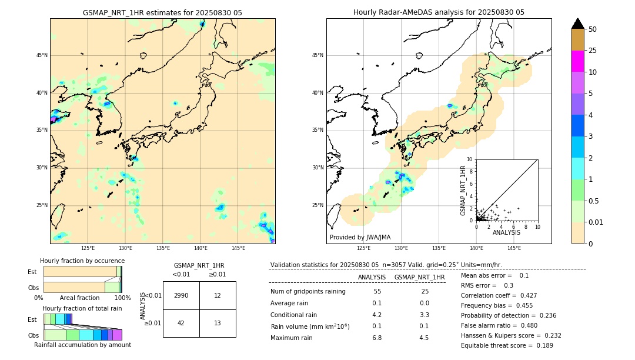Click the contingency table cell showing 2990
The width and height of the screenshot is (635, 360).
(x=181, y=295)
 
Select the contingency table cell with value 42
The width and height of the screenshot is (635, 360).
(x=181, y=323)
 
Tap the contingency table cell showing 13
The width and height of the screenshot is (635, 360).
(x=218, y=323)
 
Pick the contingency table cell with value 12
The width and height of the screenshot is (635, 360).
(x=218, y=295)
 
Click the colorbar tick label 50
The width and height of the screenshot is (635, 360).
(x=593, y=29)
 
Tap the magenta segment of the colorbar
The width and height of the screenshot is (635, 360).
(x=578, y=61)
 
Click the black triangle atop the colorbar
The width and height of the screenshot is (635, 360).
(x=578, y=24)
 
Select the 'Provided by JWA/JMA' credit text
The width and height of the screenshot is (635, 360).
(x=360, y=237)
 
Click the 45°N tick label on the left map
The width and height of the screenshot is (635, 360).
(x=41, y=55)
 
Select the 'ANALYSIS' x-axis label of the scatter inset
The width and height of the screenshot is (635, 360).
(x=506, y=232)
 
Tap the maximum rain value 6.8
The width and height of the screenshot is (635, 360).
(x=377, y=338)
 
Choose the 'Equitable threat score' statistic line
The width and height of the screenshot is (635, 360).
(x=507, y=345)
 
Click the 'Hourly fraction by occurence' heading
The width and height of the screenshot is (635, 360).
(x=82, y=261)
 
